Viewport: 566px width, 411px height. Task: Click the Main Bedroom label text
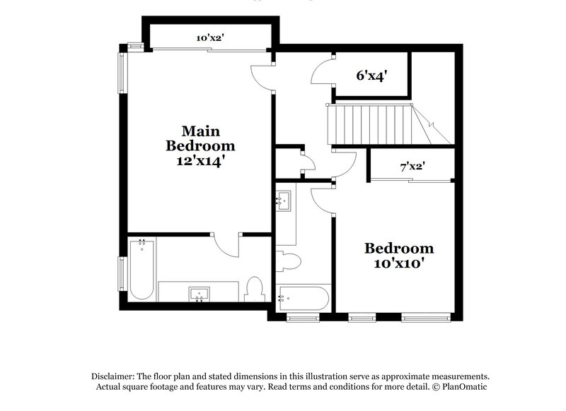200,138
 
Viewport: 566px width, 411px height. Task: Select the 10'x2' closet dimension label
209,38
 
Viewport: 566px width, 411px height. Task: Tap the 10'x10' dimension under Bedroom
398,264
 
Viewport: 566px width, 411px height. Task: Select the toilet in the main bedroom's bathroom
255,289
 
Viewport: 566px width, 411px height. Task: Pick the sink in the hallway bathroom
284,201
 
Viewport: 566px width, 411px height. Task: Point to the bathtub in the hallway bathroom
302,299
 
